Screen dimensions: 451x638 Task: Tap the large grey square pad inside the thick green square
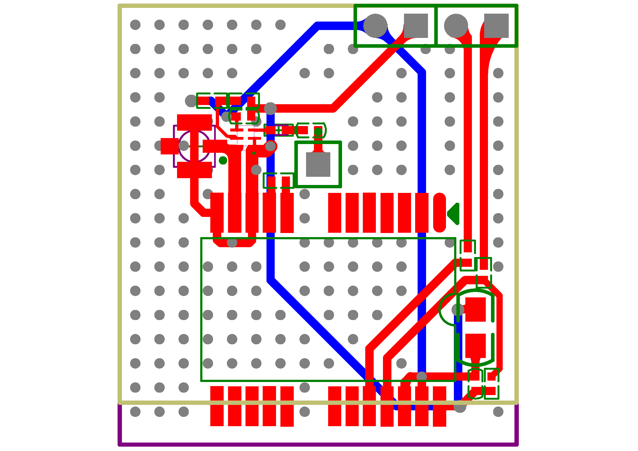click(318, 164)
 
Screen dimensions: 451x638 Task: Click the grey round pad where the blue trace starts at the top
click(375, 26)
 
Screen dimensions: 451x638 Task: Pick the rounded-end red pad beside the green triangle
click(439, 212)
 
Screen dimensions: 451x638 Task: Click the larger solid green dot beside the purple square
click(223, 160)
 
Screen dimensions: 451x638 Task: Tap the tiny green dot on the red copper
click(253, 153)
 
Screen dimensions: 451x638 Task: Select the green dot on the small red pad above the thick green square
click(318, 132)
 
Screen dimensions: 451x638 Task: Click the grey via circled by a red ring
click(270, 146)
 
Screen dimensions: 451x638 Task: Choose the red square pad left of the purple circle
click(169, 146)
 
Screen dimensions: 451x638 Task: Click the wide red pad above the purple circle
click(194, 122)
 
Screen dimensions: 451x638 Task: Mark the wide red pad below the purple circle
click(194, 170)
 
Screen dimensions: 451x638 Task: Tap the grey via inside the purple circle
click(184, 146)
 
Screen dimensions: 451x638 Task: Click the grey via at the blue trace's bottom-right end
click(460, 407)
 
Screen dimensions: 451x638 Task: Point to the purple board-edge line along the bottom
click(318, 444)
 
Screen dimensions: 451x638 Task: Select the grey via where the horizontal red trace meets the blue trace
click(270, 108)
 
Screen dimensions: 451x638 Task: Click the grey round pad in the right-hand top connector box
click(456, 26)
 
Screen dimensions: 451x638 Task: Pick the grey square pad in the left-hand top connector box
click(416, 26)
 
